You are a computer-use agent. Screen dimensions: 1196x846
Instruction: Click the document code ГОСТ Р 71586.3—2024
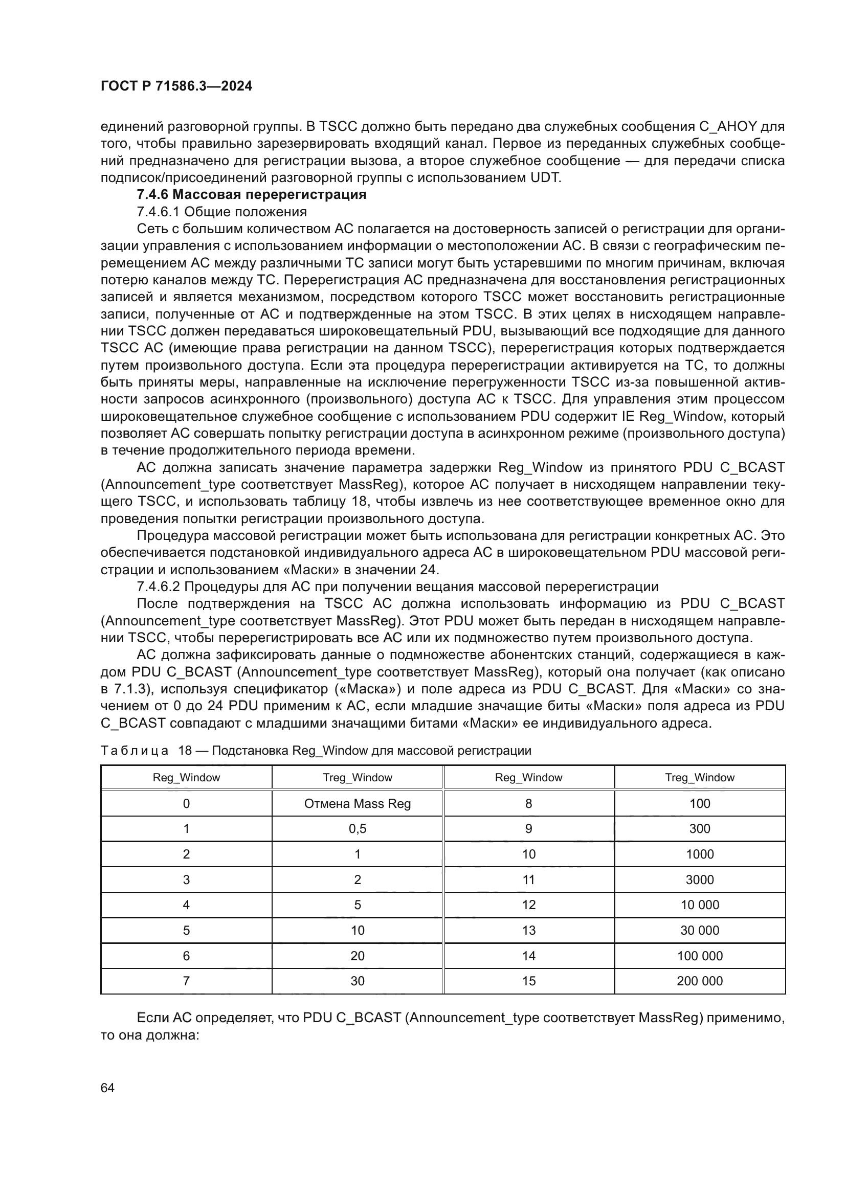click(176, 86)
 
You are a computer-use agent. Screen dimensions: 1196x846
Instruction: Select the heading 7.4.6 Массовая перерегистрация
click(252, 195)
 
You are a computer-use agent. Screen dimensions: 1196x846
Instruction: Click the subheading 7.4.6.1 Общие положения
click(221, 212)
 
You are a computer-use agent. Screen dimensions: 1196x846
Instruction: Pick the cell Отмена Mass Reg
click(358, 804)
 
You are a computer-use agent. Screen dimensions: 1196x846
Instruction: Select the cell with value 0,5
click(358, 829)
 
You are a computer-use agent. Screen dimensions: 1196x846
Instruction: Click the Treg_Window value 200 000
click(700, 981)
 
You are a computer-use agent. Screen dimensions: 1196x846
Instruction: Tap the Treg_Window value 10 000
click(700, 906)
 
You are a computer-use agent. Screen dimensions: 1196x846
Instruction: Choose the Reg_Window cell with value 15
click(529, 981)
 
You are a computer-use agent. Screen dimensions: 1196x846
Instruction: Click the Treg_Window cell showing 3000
click(700, 880)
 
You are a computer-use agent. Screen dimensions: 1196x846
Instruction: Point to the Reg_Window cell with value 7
click(187, 981)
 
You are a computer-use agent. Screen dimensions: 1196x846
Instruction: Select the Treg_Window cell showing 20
click(358, 956)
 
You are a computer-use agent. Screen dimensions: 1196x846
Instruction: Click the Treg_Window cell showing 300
click(700, 829)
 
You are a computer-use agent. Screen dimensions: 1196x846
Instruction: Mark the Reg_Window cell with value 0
click(187, 804)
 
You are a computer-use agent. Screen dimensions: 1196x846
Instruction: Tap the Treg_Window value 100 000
click(700, 956)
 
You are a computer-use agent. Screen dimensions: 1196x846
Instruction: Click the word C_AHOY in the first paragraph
click(727, 127)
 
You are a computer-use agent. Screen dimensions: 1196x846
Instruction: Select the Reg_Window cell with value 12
click(529, 906)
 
